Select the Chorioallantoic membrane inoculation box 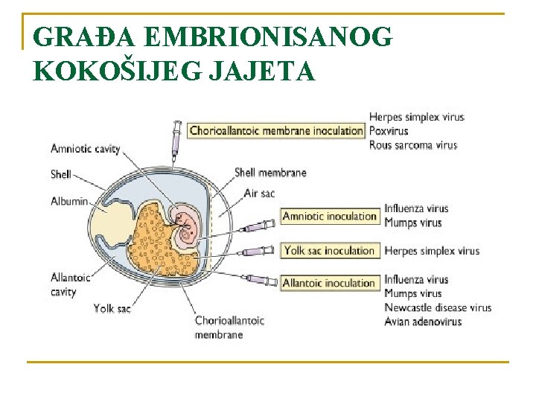click(275, 130)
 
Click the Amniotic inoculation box click(330, 217)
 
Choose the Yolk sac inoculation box click(329, 251)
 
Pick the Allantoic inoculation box click(329, 283)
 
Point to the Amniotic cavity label click(85, 149)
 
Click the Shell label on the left click(61, 175)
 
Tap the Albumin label click(69, 201)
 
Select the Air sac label click(260, 194)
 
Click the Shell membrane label click(270, 173)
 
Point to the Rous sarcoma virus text click(412, 145)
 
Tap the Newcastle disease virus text click(438, 307)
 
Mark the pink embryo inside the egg click(187, 227)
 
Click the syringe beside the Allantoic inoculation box click(260, 280)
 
